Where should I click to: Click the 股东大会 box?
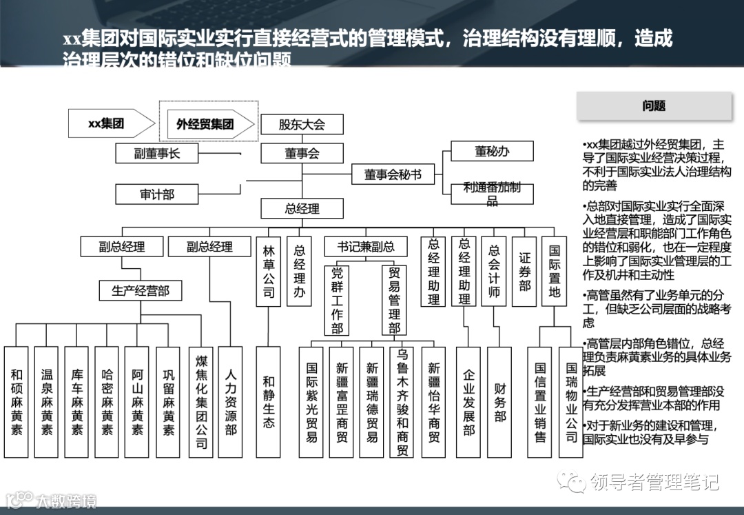coord(302,125)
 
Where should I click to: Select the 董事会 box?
coord(302,153)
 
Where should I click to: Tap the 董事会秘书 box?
coord(393,175)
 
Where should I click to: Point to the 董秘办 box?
coord(492,152)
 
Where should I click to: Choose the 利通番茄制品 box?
coord(492,193)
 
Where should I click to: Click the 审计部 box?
coord(157,194)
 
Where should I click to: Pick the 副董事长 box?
coord(157,153)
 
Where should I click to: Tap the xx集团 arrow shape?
coord(110,124)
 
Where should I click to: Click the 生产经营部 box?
coord(141,290)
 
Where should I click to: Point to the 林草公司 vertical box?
coord(269,273)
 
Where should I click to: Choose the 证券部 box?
coord(525,272)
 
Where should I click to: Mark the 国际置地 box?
coord(555,272)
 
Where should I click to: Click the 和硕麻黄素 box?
coord(17,402)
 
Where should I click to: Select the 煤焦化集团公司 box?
coord(201,402)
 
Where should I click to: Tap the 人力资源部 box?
coord(231,402)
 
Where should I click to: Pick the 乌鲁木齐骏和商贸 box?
coord(403,402)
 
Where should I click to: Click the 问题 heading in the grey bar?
coord(654,106)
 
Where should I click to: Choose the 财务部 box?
coord(499,402)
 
